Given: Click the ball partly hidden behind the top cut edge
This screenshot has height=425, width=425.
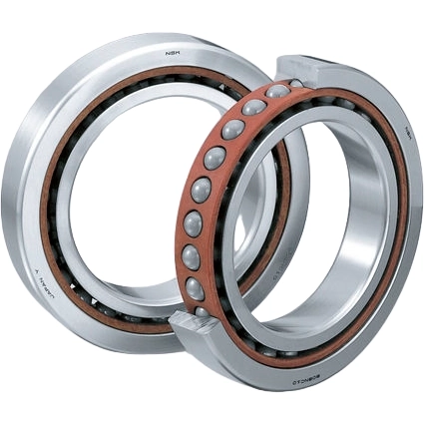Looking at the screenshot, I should tap(295, 84).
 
